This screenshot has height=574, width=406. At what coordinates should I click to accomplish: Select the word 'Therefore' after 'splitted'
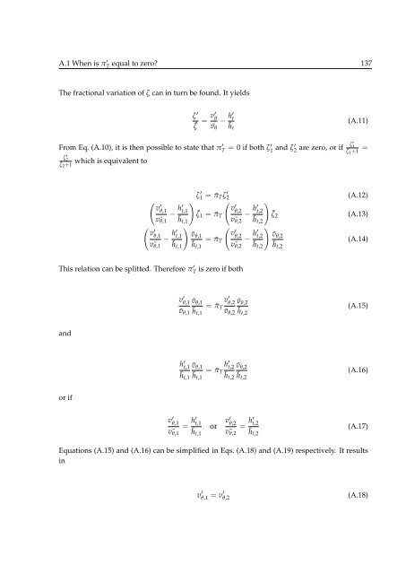(203, 268)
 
